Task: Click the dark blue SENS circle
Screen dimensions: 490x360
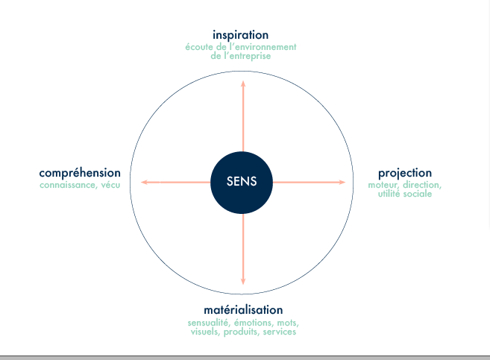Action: click(242, 183)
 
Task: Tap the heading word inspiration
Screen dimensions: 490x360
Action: click(240, 35)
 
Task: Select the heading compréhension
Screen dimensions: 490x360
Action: click(80, 173)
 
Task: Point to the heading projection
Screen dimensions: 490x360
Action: click(405, 173)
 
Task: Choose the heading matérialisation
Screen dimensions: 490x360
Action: click(243, 310)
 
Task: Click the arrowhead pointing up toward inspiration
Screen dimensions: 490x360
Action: click(243, 83)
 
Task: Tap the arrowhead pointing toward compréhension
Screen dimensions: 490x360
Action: click(144, 182)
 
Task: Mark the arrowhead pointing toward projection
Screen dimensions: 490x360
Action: click(342, 182)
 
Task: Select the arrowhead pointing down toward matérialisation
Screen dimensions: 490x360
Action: click(243, 281)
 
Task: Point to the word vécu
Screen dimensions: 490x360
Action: click(110, 185)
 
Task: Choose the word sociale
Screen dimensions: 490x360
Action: click(418, 194)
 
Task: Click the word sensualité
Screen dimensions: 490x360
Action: click(209, 323)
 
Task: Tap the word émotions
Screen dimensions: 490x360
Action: click(254, 323)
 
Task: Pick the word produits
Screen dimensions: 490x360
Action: click(242, 332)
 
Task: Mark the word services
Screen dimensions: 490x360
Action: click(280, 332)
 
